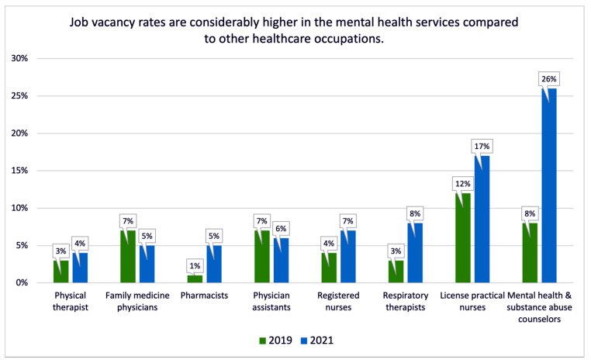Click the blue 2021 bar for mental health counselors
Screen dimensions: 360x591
tap(549, 185)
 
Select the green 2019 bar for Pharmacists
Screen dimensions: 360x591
tap(195, 279)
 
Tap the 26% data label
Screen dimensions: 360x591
tap(549, 79)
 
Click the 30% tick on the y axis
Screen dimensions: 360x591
tap(19, 59)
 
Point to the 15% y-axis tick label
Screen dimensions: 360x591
tap(19, 171)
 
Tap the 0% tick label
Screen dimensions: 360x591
tap(22, 282)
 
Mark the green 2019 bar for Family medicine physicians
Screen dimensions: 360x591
tap(128, 256)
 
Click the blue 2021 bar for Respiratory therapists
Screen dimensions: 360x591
tap(416, 253)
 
